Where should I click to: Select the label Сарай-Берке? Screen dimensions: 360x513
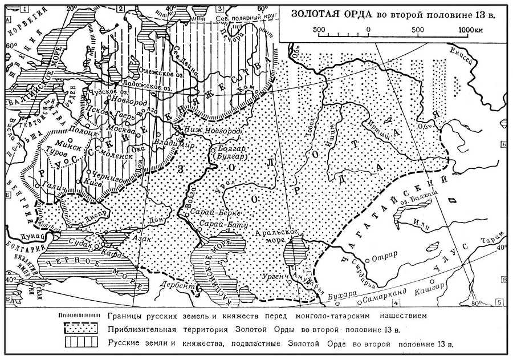coord(212,212)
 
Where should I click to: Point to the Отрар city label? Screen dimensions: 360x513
coord(385,255)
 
